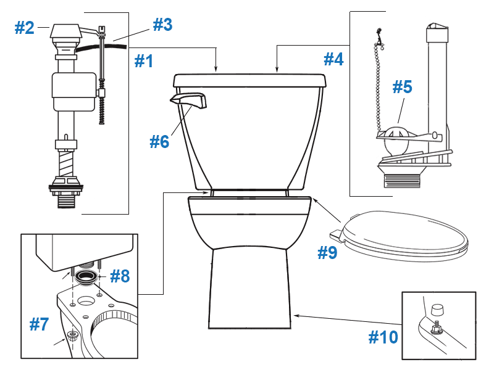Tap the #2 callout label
coord(25,28)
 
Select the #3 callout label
coord(162,25)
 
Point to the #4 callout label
coord(334,59)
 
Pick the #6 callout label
coord(159,141)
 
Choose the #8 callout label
coord(120,276)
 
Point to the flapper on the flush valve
coord(395,139)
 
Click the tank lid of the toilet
coord(249,80)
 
